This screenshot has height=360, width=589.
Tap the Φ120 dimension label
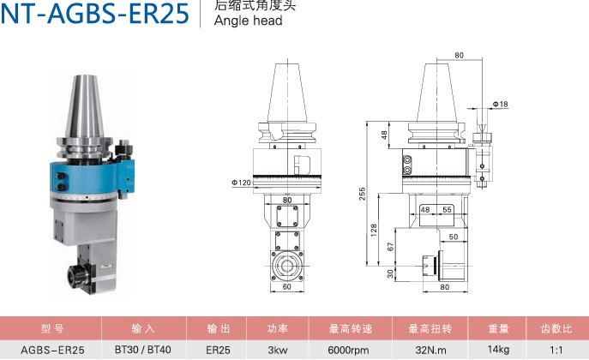point(241,183)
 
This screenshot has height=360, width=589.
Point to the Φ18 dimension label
point(501,104)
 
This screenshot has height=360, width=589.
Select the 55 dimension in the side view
point(448,209)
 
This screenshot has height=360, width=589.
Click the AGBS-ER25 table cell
point(52,349)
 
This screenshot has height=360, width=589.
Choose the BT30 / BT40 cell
point(142,349)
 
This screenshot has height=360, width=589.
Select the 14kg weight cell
point(499,349)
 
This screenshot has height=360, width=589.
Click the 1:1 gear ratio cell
point(556,349)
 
